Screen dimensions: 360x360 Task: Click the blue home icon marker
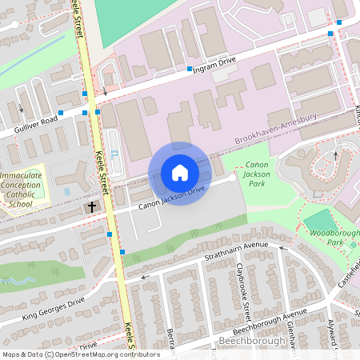180,172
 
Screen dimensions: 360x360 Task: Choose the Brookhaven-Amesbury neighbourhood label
276,129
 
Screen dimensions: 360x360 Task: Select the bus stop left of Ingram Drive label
190,70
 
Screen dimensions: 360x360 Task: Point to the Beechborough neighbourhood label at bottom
252,342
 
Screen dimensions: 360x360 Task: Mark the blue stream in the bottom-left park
16,281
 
